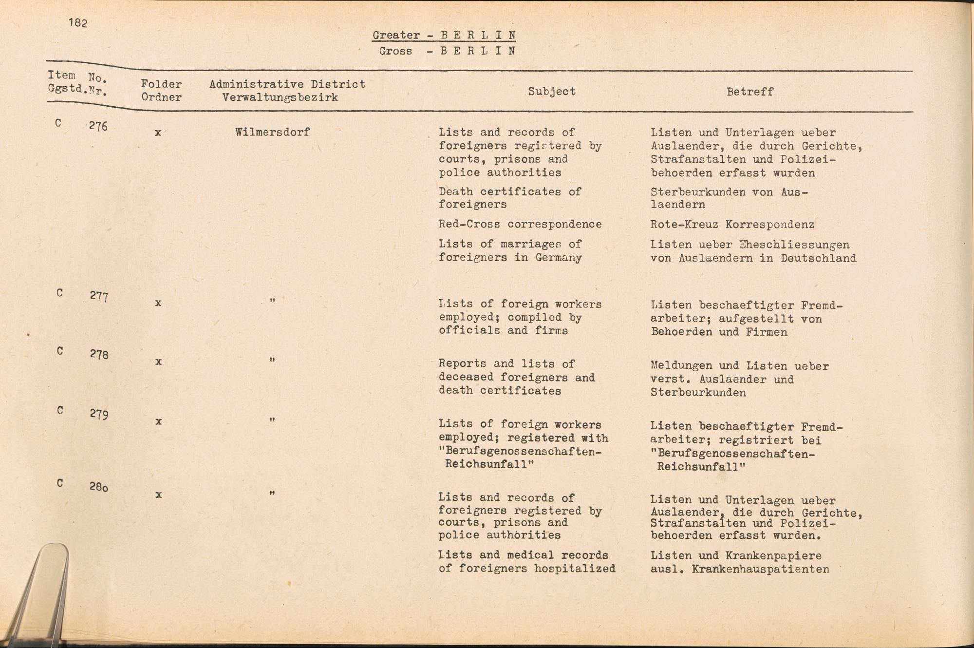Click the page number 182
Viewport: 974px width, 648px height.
78,23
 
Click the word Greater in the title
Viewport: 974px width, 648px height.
396,35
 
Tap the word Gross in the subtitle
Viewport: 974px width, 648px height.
395,51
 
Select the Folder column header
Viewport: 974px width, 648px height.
161,84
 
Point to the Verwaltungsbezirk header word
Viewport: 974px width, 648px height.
280,97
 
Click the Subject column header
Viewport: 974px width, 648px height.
552,92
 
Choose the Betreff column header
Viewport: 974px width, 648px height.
749,92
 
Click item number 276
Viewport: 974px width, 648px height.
98,126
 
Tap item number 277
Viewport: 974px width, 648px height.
99,296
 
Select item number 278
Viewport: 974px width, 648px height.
99,354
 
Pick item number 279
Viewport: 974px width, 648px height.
99,414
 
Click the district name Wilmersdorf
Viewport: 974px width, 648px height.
272,132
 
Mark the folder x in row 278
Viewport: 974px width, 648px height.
158,362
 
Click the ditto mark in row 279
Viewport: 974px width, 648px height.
272,419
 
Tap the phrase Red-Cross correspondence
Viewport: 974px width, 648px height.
520,224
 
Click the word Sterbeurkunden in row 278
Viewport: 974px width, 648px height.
698,393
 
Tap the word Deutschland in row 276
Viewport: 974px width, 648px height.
818,258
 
